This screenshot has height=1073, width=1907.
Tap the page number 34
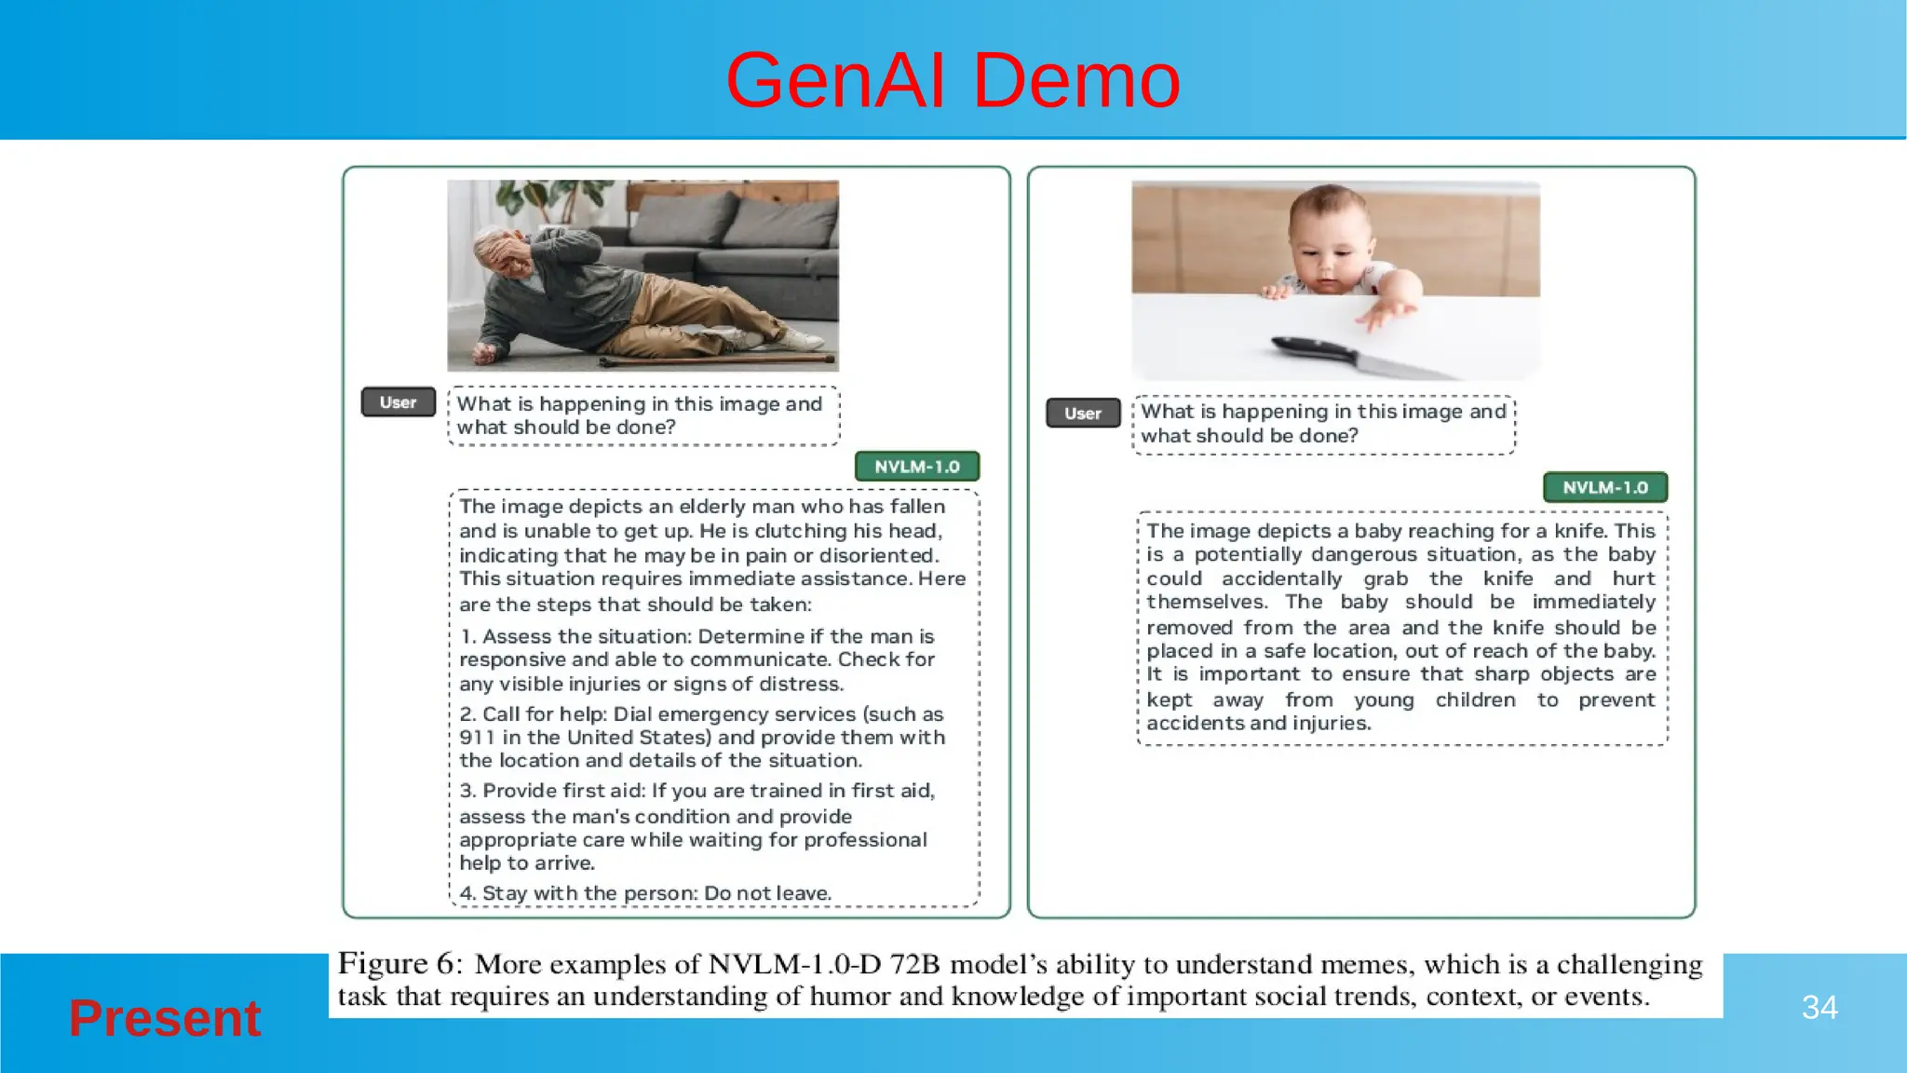click(x=1819, y=1007)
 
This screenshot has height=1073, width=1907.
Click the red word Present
click(x=165, y=1017)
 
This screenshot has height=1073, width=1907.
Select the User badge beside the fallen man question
click(x=398, y=402)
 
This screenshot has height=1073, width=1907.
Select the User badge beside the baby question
click(x=1082, y=413)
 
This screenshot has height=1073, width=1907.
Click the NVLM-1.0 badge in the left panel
click(x=916, y=466)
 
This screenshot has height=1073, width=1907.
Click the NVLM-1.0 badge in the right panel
click(x=1604, y=487)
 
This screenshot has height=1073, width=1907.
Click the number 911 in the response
click(x=476, y=738)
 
